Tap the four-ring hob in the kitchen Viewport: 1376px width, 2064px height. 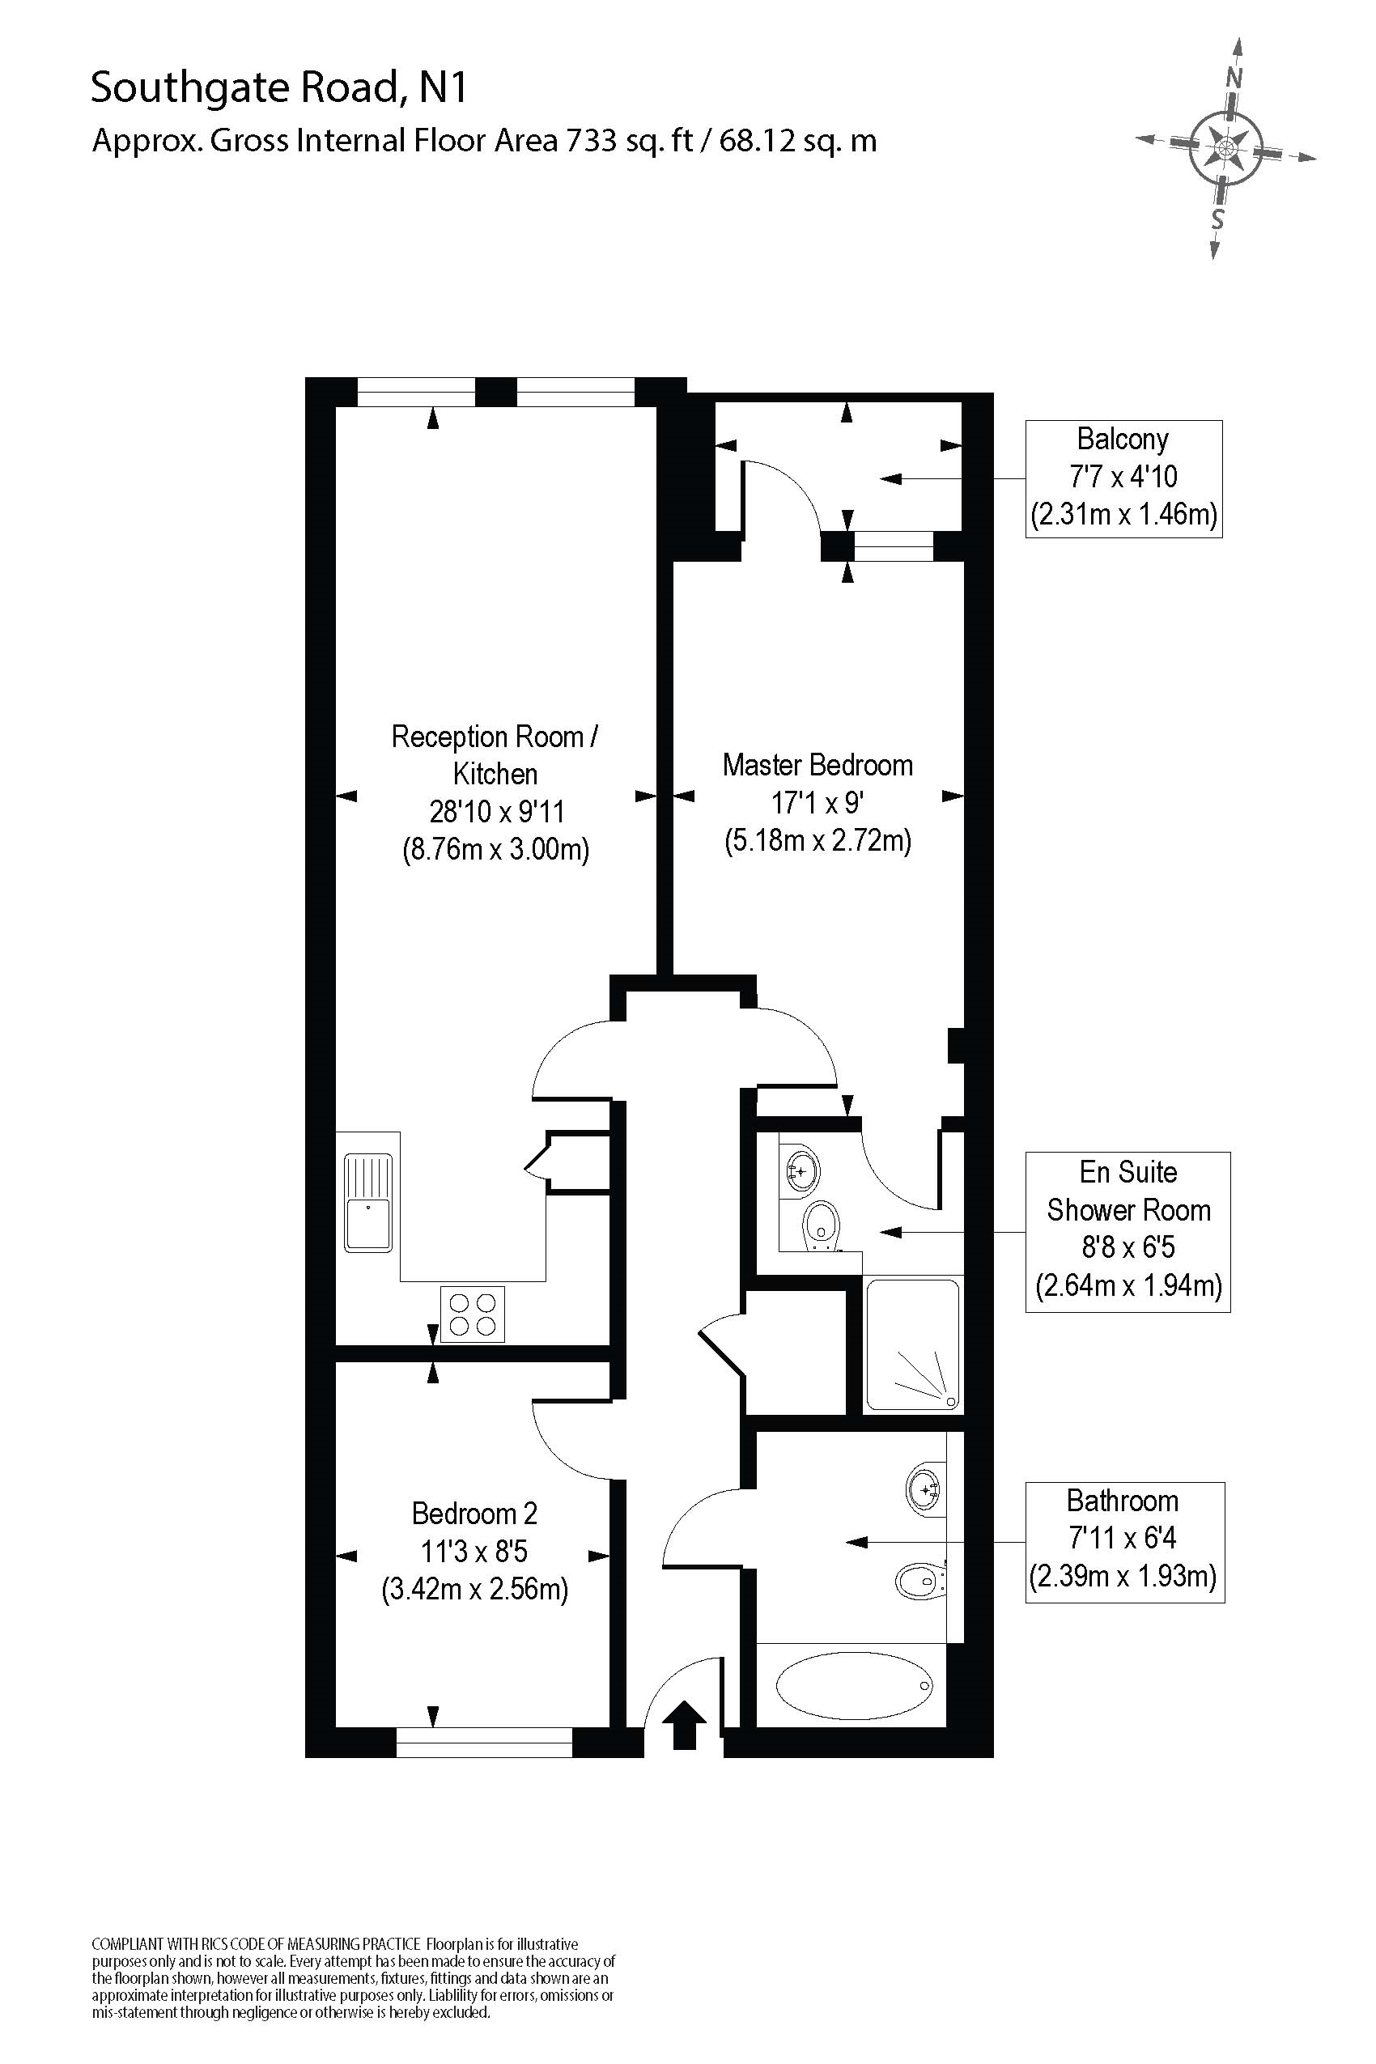(x=472, y=1314)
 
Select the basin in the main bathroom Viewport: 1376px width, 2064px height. (x=924, y=1489)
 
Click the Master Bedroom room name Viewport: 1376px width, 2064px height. (x=817, y=765)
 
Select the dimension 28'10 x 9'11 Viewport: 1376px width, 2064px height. (x=496, y=812)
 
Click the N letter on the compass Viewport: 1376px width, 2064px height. (x=1234, y=77)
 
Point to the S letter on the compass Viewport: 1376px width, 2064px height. (x=1217, y=219)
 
